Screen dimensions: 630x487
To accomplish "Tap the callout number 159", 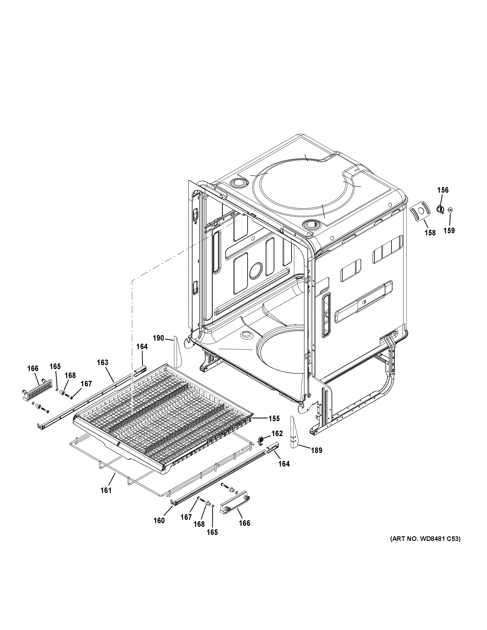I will pos(449,230).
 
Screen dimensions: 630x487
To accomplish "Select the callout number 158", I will pos(430,232).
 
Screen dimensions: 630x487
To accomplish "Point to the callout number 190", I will pos(158,338).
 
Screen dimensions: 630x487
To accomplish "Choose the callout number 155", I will pos(274,418).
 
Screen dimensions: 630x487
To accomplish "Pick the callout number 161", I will pos(106,490).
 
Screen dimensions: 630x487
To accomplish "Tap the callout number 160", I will pos(159,520).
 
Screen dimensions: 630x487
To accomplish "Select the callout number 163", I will pos(102,362).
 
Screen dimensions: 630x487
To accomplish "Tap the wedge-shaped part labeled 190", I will pos(177,351).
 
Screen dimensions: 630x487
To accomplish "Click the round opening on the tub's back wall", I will pos(256,271).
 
